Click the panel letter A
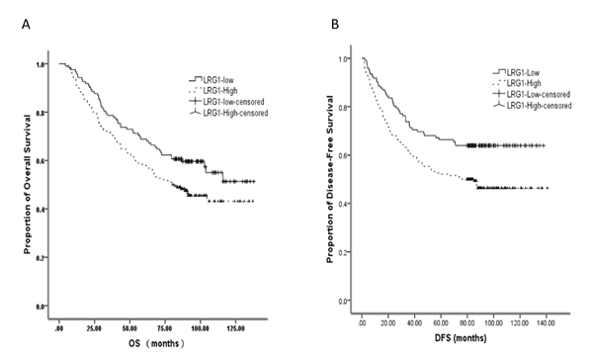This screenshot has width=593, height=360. [26, 25]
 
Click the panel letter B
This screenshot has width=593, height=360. [335, 25]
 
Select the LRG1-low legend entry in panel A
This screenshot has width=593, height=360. [212, 80]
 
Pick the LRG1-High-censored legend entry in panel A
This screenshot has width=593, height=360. [228, 113]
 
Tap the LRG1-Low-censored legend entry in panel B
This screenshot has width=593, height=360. [532, 94]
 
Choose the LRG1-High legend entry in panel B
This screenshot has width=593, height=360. [517, 83]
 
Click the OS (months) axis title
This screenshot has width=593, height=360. [156, 343]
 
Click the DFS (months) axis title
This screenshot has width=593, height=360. [461, 337]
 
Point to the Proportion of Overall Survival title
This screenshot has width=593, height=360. [27, 184]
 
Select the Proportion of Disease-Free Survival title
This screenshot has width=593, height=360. [329, 179]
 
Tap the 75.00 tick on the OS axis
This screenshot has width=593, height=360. [164, 328]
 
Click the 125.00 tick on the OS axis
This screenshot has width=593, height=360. [235, 328]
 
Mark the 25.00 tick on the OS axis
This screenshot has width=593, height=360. [94, 328]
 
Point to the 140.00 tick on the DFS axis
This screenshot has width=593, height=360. [547, 322]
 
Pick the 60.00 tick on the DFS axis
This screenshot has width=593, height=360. [441, 322]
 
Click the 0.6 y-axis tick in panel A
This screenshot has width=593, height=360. [40, 161]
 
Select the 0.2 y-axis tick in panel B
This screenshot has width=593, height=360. [344, 252]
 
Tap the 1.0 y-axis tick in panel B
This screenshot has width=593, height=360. [344, 58]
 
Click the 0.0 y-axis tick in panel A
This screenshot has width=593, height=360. [40, 306]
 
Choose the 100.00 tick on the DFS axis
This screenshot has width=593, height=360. [493, 322]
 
